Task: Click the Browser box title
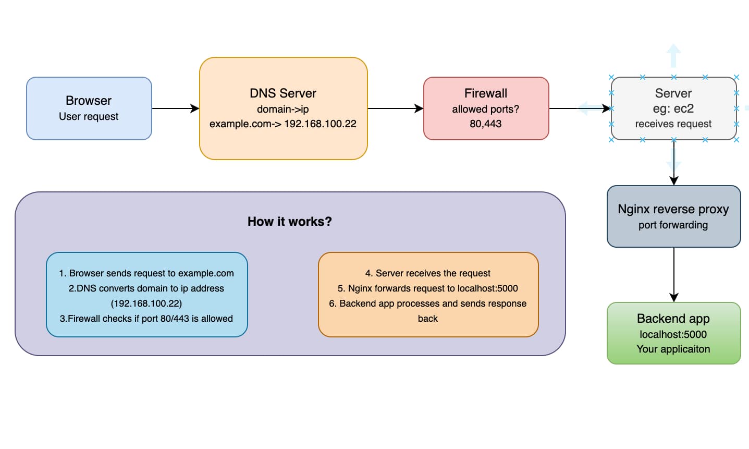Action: pyautogui.click(x=89, y=101)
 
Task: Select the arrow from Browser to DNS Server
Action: pyautogui.click(x=175, y=108)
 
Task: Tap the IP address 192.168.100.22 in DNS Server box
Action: pyautogui.click(x=320, y=124)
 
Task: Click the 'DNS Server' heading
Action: pyautogui.click(x=283, y=93)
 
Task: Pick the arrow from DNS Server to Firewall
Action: pyautogui.click(x=395, y=108)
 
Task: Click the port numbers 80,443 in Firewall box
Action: pyautogui.click(x=485, y=124)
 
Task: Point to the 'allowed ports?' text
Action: pyautogui.click(x=485, y=109)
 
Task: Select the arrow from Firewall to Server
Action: pyautogui.click(x=579, y=108)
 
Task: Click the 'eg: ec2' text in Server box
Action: pyautogui.click(x=673, y=108)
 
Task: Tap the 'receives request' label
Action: pyautogui.click(x=673, y=124)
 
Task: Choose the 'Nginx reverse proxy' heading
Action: pyautogui.click(x=673, y=209)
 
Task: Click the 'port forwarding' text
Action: pyautogui.click(x=673, y=225)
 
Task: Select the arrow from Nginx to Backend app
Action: pyautogui.click(x=674, y=274)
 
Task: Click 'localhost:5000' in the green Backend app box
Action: pyautogui.click(x=673, y=334)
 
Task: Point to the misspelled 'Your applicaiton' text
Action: pyautogui.click(x=673, y=349)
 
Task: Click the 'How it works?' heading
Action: pyautogui.click(x=289, y=222)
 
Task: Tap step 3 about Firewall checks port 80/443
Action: pyautogui.click(x=146, y=319)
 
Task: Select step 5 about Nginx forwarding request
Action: pyautogui.click(x=427, y=288)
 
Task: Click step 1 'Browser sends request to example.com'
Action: pyautogui.click(x=146, y=273)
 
